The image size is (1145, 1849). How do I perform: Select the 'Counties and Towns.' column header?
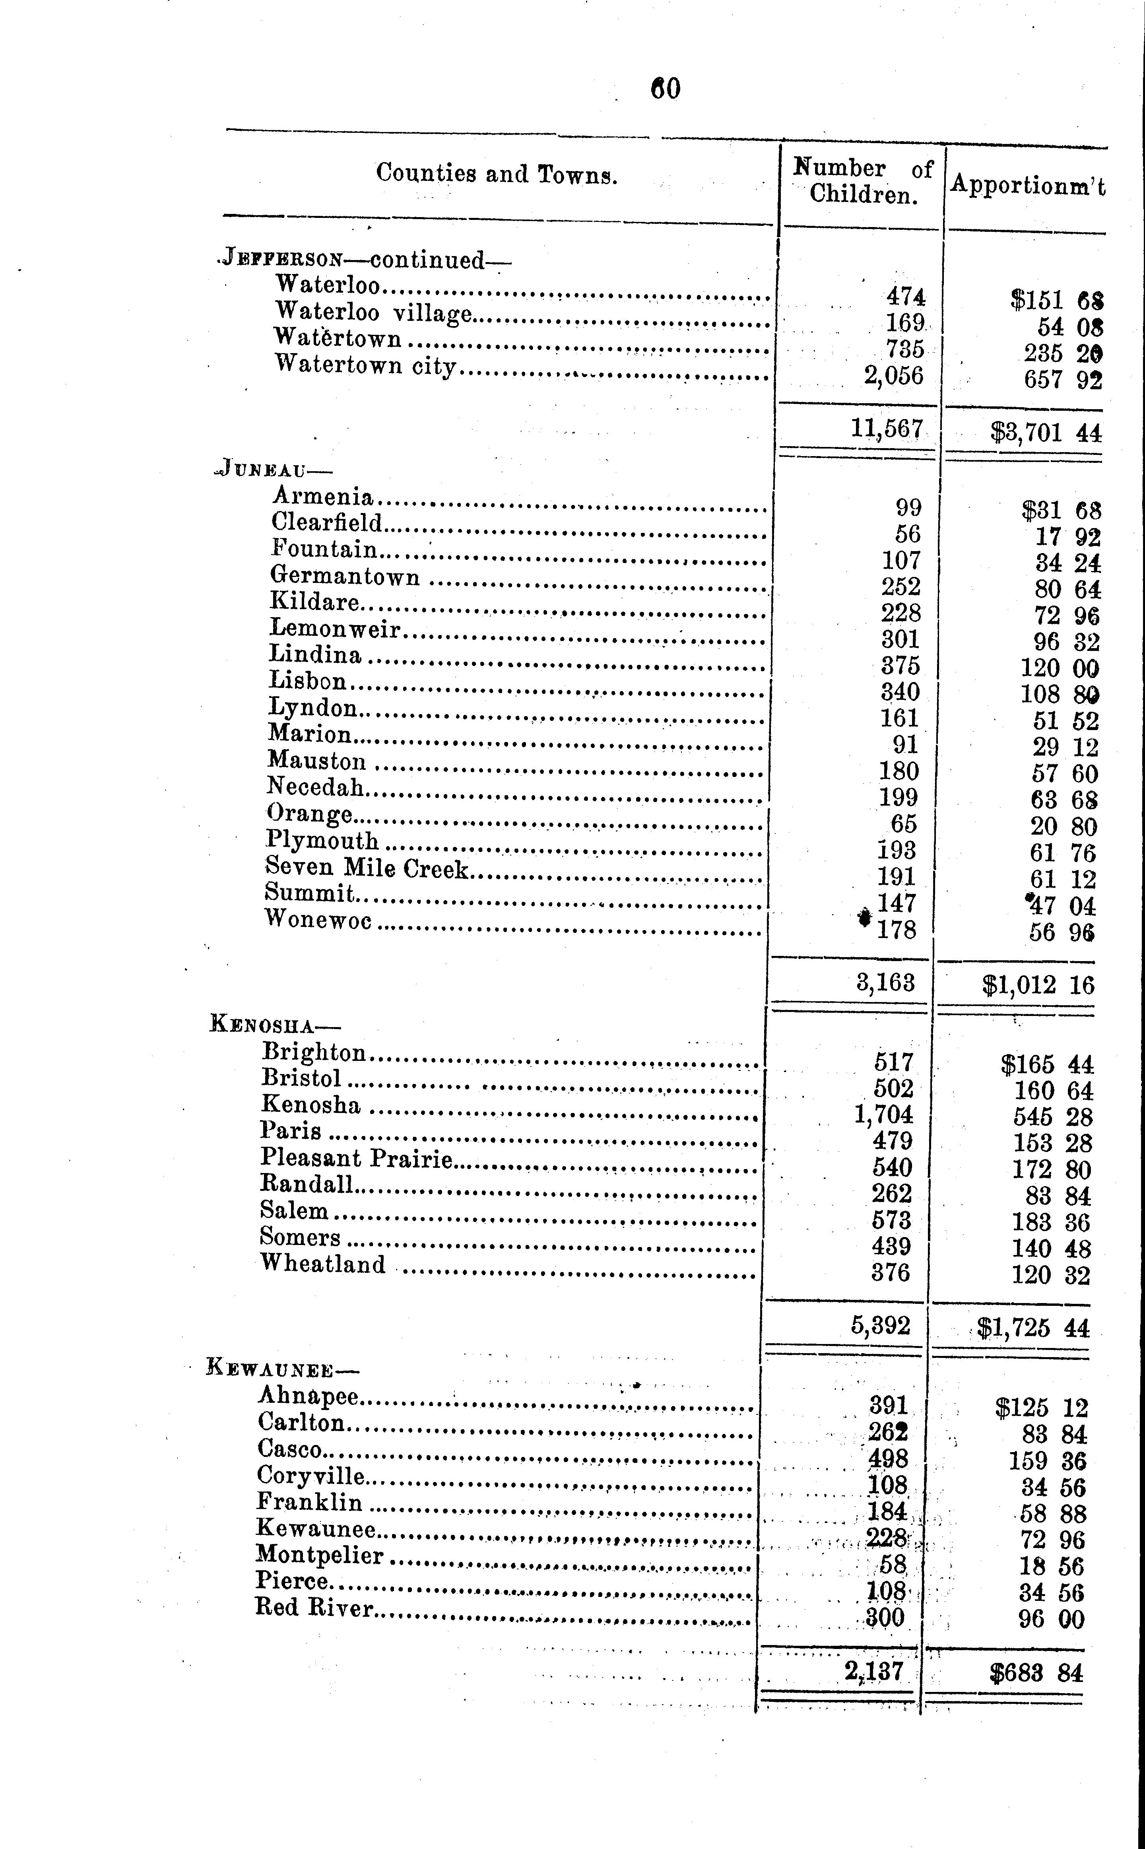497,174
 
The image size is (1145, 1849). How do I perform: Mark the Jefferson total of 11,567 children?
886,429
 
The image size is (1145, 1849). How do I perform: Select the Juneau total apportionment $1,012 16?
1038,984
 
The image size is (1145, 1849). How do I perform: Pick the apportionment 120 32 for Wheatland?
1051,1275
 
